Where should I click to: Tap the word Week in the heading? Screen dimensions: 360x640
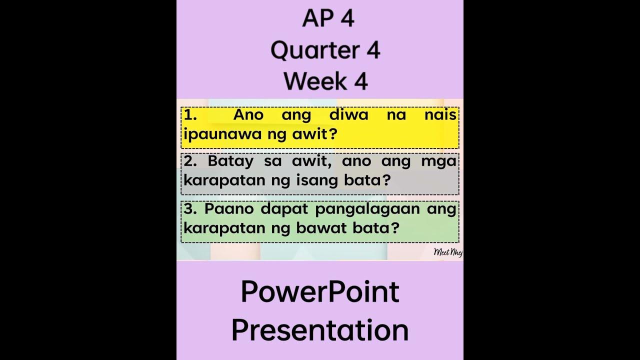(x=309, y=81)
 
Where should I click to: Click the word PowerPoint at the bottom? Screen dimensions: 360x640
(x=320, y=292)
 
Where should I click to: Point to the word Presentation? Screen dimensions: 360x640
(x=320, y=330)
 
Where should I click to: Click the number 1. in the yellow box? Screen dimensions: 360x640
(x=190, y=115)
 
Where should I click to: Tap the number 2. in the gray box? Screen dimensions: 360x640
(x=191, y=161)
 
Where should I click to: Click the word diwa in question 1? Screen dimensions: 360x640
(x=348, y=115)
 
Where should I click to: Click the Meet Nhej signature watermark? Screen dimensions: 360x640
(x=448, y=252)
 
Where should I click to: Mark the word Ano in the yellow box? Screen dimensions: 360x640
(x=248, y=115)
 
